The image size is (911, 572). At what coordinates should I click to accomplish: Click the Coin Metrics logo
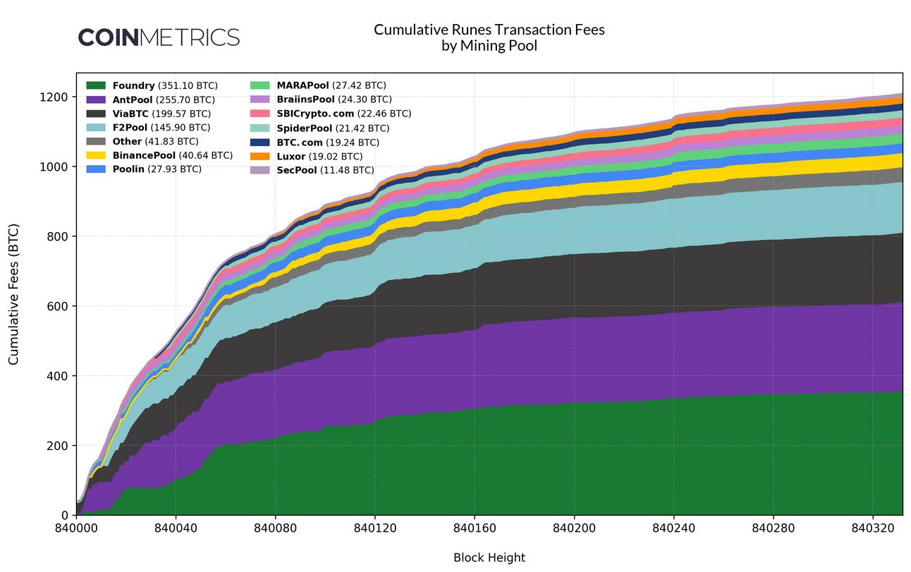tap(159, 37)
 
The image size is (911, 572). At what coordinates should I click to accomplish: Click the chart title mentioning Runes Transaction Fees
tap(489, 37)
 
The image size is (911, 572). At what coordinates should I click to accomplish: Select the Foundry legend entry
tap(152, 85)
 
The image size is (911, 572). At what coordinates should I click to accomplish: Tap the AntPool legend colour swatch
tap(96, 99)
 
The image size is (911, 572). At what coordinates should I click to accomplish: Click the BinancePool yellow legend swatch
tap(96, 155)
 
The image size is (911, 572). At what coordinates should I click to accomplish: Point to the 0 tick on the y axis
tap(64, 516)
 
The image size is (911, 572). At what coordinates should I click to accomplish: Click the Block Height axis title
tap(489, 558)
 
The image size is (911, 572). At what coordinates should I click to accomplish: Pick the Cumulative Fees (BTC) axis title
tap(14, 295)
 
